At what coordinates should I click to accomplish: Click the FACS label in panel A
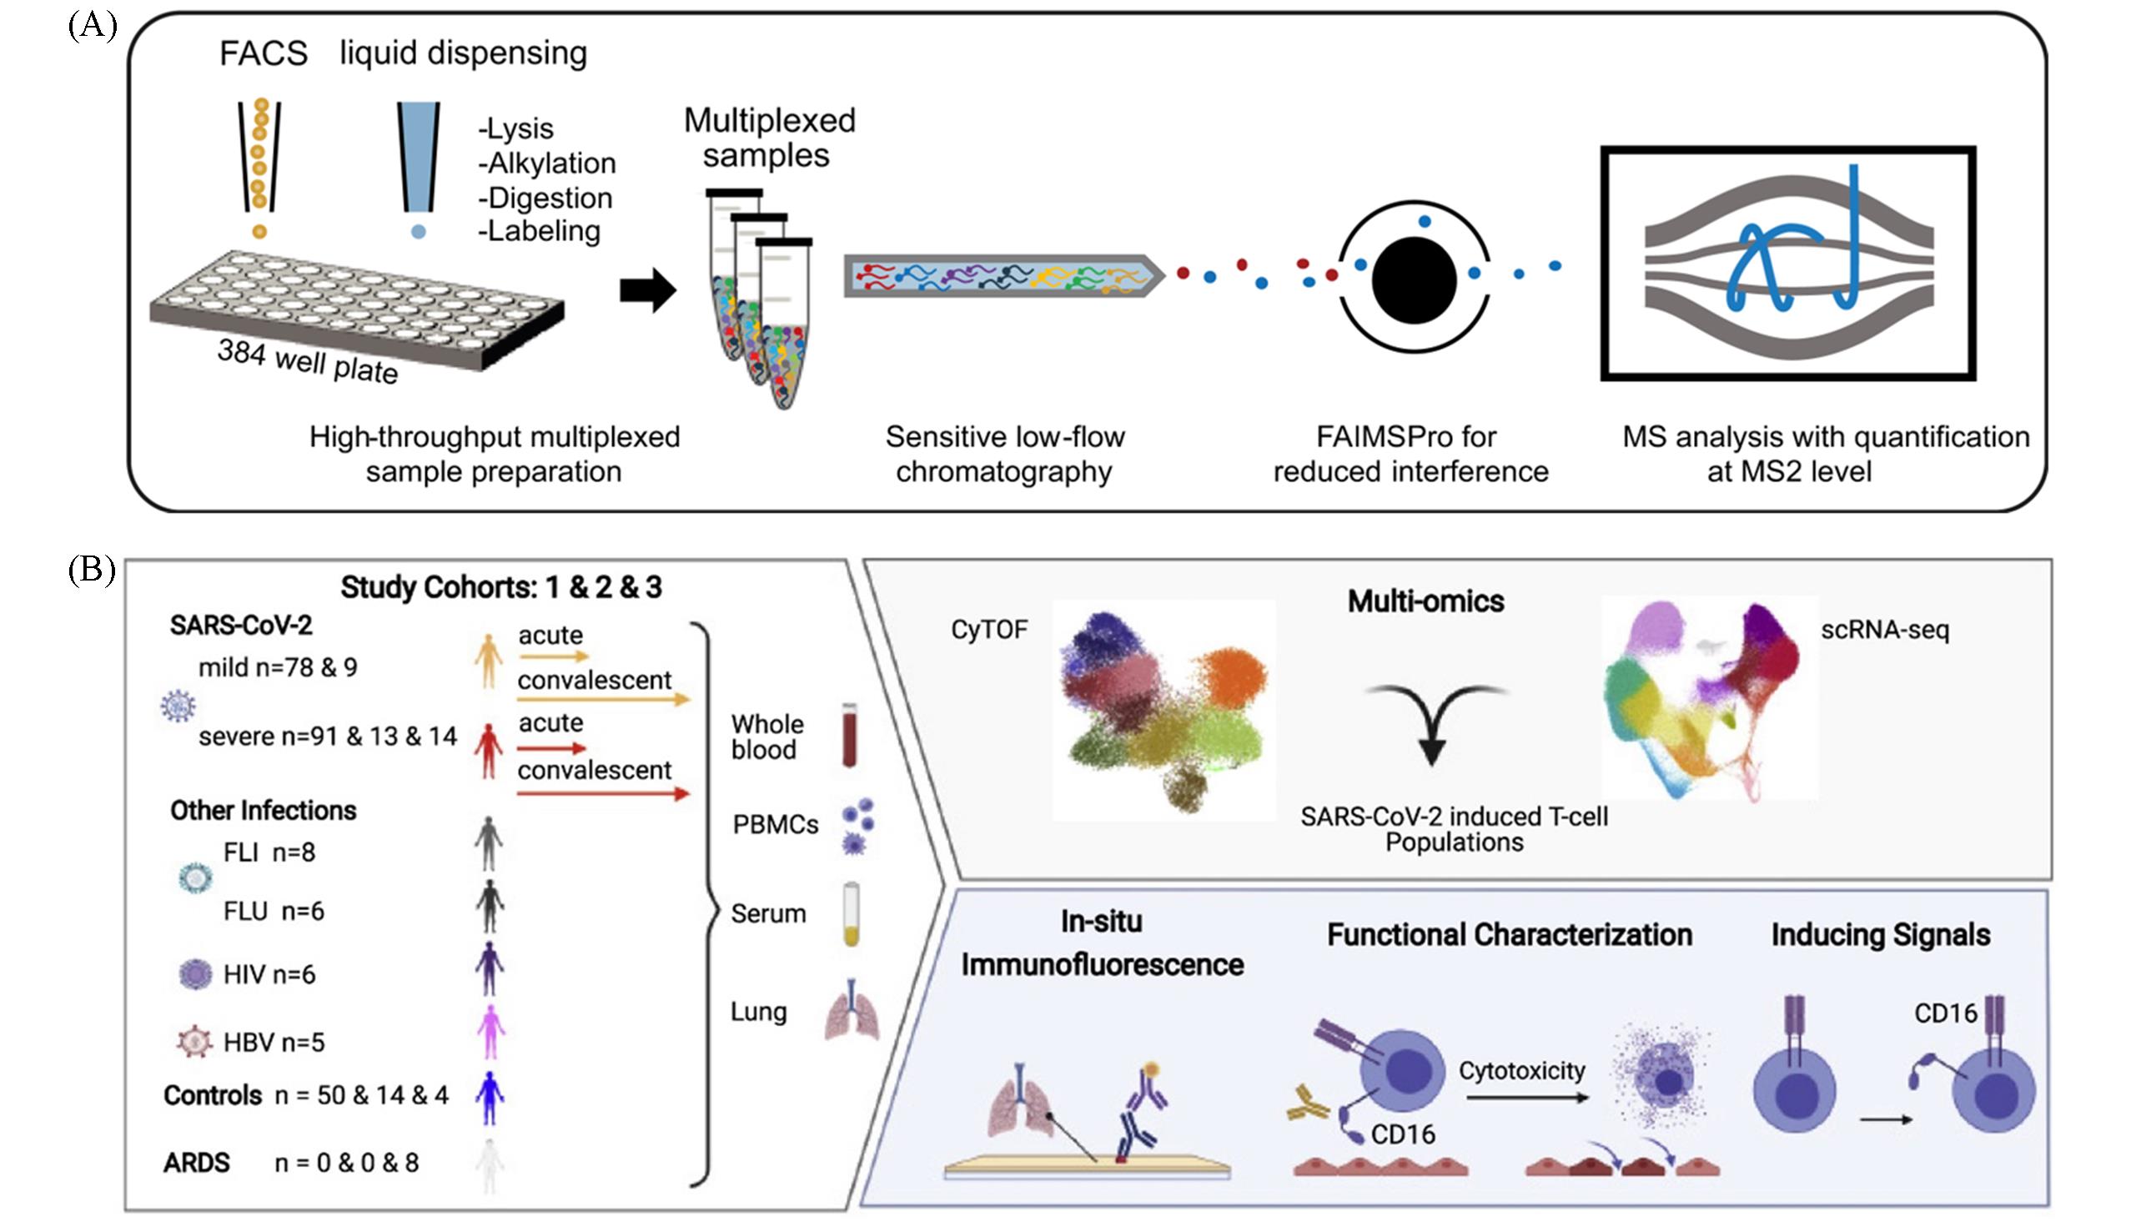(x=264, y=53)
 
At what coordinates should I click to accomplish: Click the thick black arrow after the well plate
(x=648, y=291)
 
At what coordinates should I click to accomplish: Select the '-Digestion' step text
(x=545, y=198)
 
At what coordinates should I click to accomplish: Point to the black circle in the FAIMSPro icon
(x=1414, y=280)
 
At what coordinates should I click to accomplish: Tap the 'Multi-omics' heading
(x=1425, y=601)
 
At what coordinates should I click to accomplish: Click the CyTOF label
(x=989, y=630)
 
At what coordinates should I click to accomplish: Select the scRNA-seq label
(x=1884, y=630)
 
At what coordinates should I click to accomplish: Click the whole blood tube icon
(x=850, y=736)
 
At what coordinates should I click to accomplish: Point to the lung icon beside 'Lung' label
(x=852, y=1011)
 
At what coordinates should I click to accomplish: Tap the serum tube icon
(x=851, y=914)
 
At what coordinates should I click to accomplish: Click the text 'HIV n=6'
(x=269, y=974)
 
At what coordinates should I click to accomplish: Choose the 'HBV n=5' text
(x=274, y=1043)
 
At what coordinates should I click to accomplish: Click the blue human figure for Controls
(x=489, y=1097)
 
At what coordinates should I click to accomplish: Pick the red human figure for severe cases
(x=487, y=751)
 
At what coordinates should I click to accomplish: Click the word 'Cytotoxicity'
(x=1522, y=1071)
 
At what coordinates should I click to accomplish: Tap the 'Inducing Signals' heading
(x=1880, y=935)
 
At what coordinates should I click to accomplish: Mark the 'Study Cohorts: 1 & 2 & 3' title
(x=501, y=587)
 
